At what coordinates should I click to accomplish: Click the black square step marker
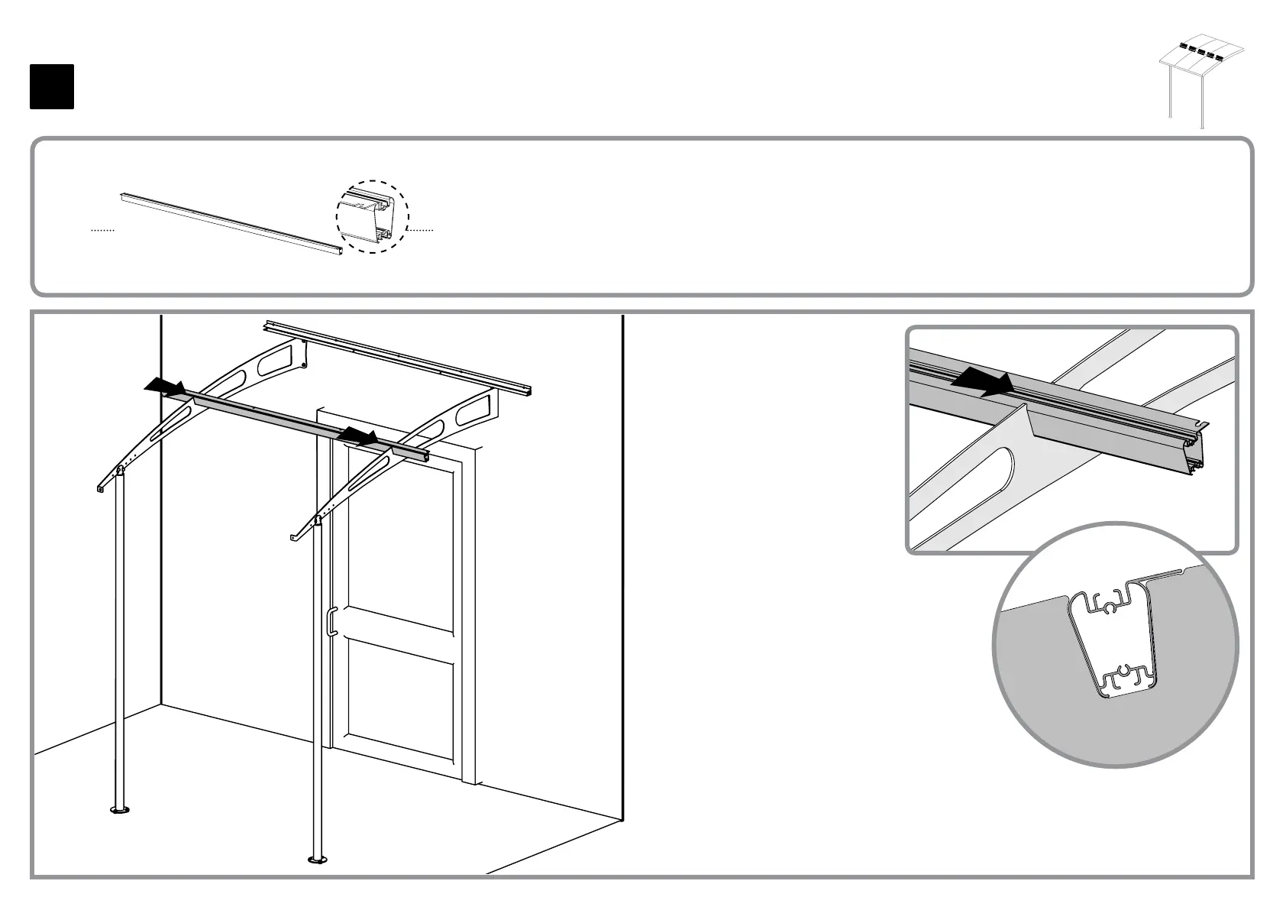[x=52, y=87]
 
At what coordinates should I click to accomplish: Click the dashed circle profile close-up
[x=373, y=217]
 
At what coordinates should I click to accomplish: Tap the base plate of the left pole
[x=119, y=808]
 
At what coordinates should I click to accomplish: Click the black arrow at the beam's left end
[x=165, y=387]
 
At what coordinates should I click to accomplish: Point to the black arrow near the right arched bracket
[x=358, y=437]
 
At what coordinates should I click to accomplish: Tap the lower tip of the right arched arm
[x=295, y=538]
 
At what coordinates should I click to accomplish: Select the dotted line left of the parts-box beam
[x=102, y=230]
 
